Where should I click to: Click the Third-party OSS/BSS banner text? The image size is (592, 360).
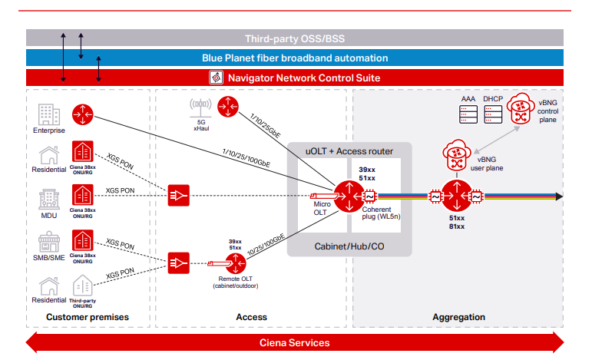pos(295,38)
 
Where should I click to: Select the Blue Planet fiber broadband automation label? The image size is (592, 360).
pos(295,58)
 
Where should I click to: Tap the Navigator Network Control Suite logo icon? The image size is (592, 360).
pos(215,78)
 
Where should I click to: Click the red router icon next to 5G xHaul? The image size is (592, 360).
pos(228,107)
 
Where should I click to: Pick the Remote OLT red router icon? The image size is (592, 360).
pos(236,266)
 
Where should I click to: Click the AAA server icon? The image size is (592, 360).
pos(468,114)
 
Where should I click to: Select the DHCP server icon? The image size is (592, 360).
pos(493,114)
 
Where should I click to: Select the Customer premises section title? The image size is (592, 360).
pos(88,316)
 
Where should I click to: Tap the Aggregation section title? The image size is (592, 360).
pos(458,316)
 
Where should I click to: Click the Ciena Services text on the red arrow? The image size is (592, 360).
pos(295,342)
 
